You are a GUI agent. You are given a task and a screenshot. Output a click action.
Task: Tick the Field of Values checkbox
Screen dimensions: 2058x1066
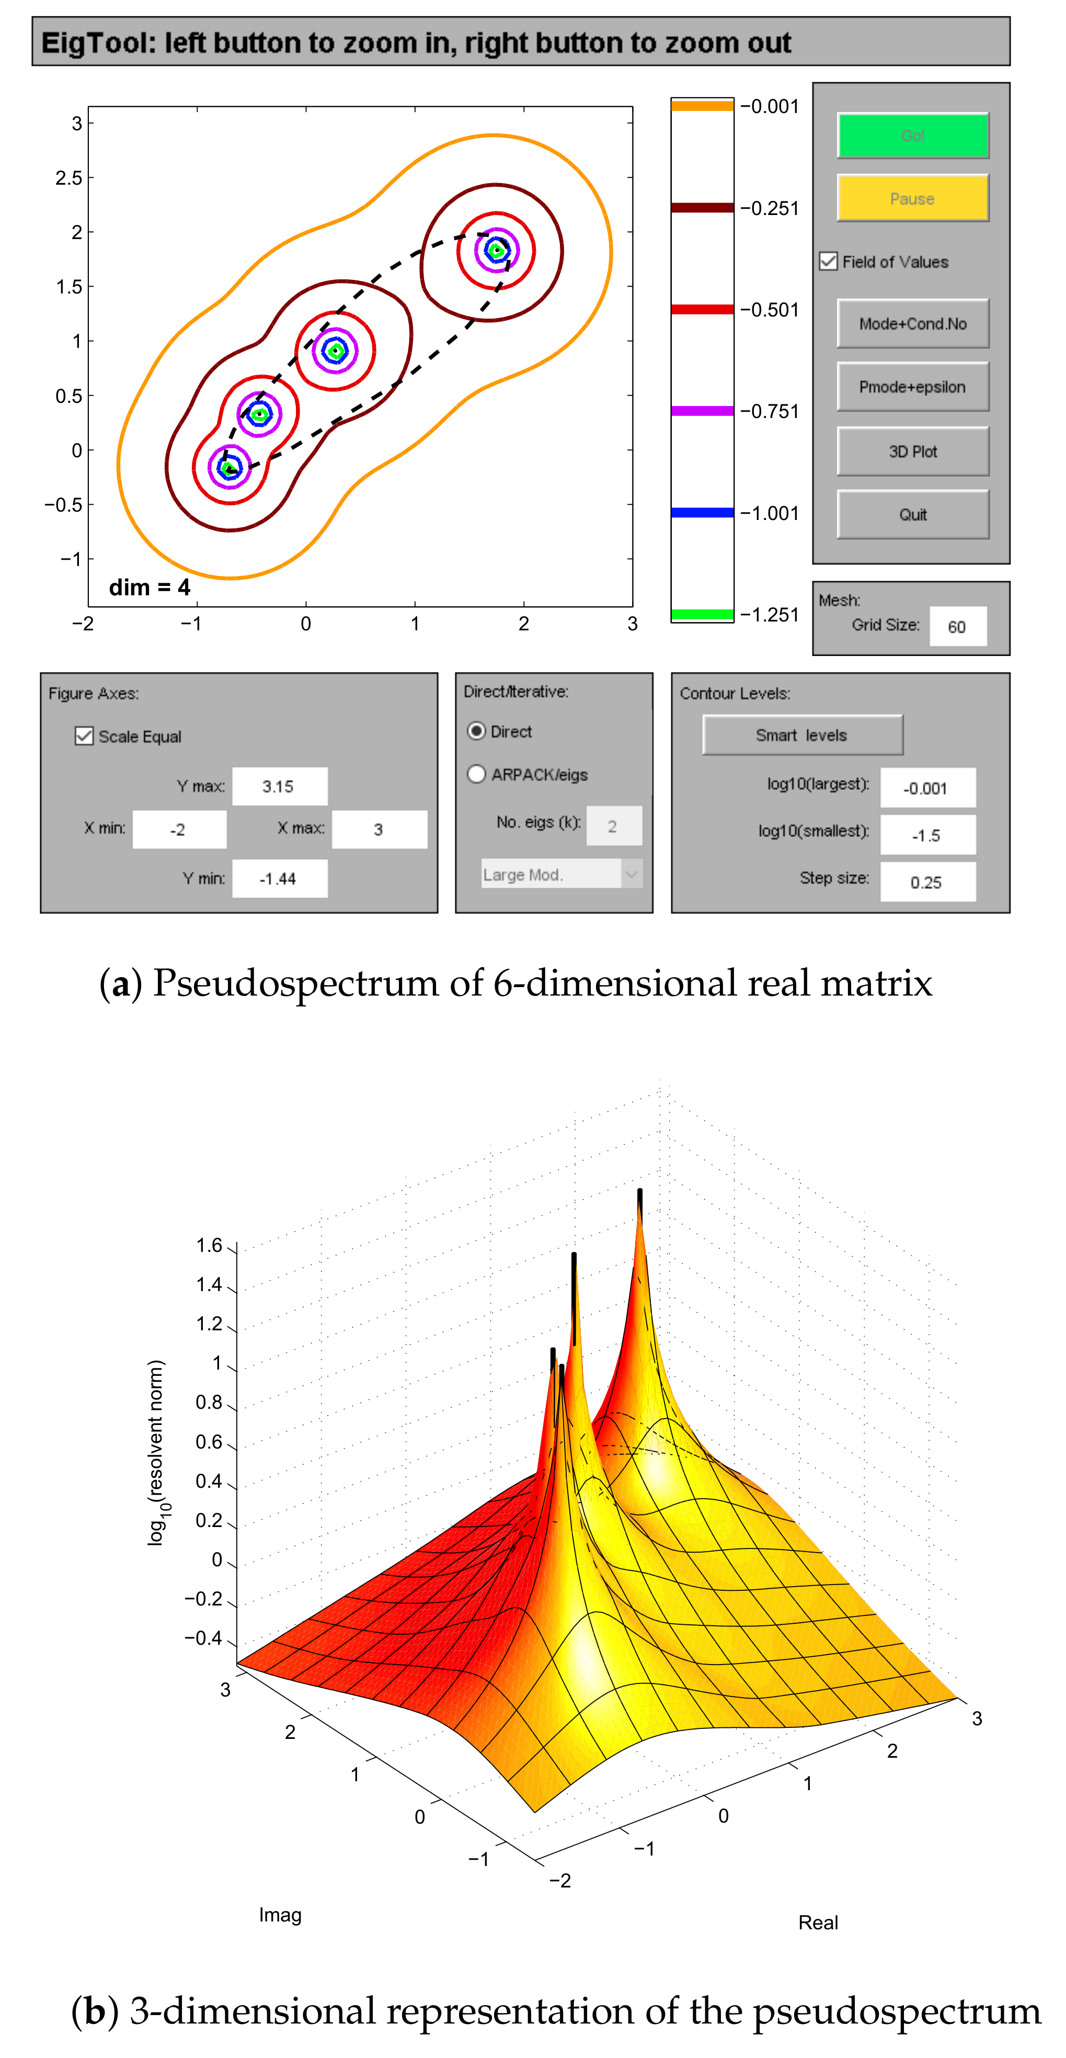click(829, 261)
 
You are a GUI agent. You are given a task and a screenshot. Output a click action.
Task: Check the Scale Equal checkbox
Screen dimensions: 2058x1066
click(84, 736)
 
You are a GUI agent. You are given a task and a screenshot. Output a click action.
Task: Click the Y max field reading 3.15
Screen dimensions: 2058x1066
click(279, 786)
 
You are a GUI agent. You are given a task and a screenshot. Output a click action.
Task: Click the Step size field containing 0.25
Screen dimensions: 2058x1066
click(927, 882)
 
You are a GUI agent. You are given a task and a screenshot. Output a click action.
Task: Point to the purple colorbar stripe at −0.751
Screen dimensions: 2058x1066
click(702, 411)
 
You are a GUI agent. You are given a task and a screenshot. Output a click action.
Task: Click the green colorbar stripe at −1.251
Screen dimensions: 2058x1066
click(702, 614)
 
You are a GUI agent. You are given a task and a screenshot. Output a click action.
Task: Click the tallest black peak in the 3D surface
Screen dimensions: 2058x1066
click(639, 1202)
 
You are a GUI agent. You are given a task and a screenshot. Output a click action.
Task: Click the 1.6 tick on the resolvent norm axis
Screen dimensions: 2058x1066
click(210, 1246)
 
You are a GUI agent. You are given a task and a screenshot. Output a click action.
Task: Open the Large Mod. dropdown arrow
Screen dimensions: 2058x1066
click(631, 874)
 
